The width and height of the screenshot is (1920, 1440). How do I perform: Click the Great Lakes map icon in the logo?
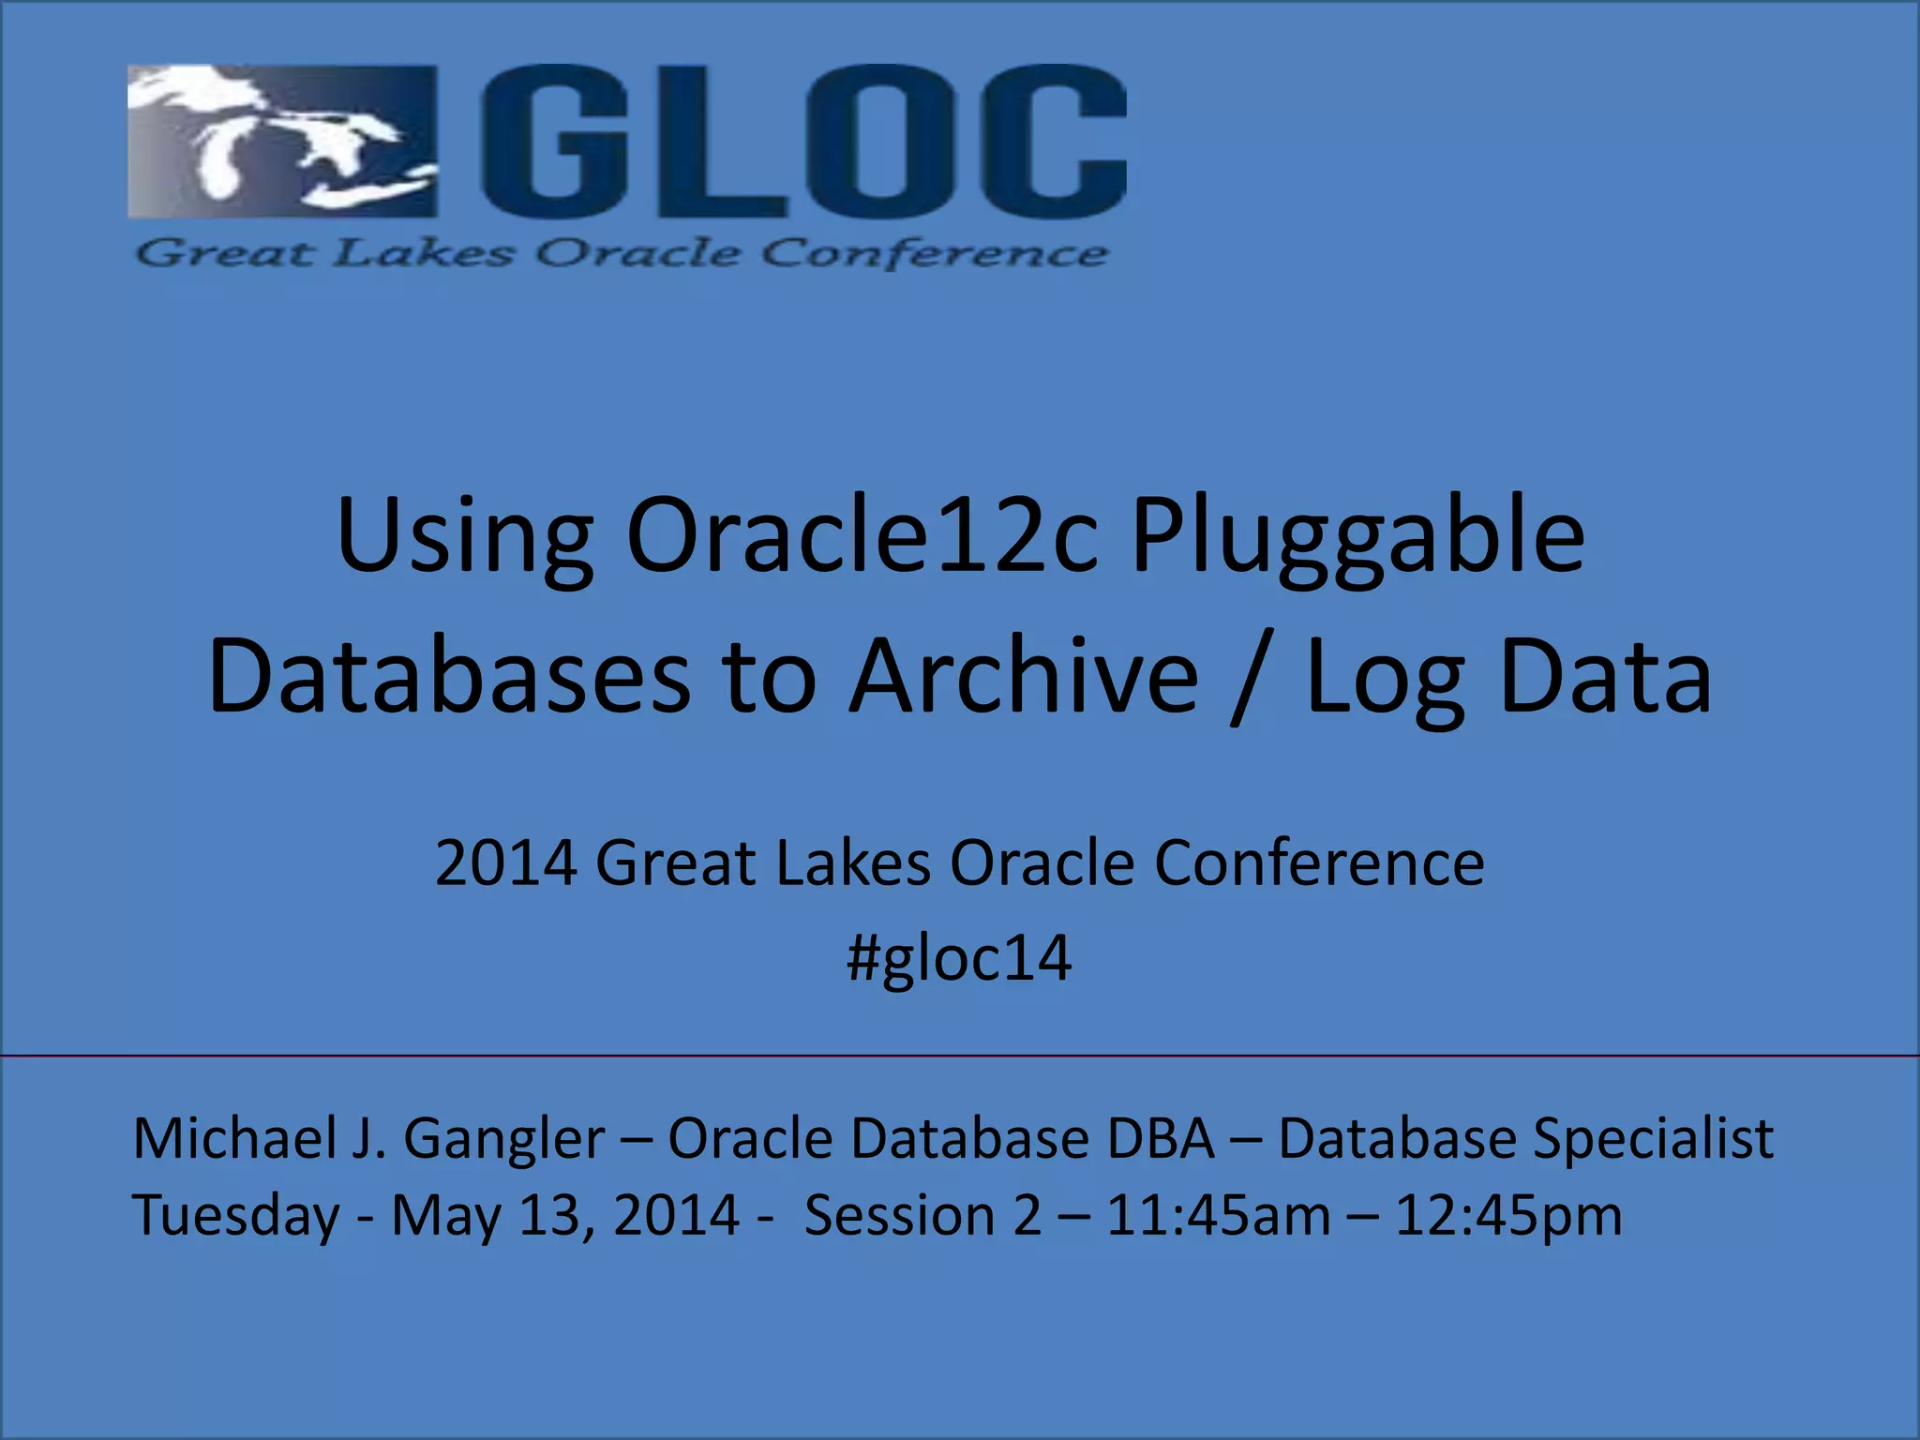(281, 141)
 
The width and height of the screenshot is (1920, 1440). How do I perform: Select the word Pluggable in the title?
(1357, 536)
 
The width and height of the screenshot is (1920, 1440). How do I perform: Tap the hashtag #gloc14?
(959, 958)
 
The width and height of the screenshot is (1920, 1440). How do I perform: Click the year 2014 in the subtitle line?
(505, 862)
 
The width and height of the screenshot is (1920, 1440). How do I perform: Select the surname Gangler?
(503, 1140)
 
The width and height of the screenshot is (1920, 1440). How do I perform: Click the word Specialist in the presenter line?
(1653, 1140)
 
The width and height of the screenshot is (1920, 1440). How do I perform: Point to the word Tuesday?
(236, 1217)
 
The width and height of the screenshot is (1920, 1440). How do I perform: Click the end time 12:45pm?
(1508, 1216)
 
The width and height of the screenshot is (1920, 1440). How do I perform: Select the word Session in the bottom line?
(897, 1216)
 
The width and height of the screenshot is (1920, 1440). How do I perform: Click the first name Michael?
(235, 1138)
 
